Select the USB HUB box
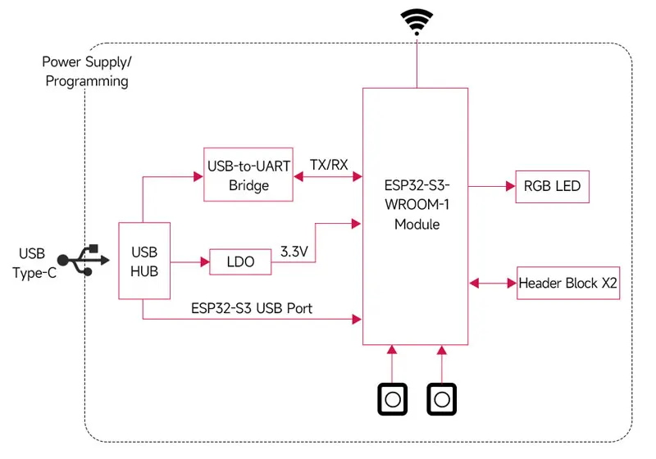[x=144, y=260]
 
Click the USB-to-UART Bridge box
[x=248, y=175]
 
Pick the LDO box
[x=239, y=262]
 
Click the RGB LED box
[x=551, y=186]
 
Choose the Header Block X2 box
[x=567, y=284]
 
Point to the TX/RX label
[x=328, y=164]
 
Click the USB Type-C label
[x=34, y=263]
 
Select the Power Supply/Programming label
[x=86, y=71]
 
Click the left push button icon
[x=392, y=399]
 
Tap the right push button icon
[x=441, y=399]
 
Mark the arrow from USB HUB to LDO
[x=189, y=262]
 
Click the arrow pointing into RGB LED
[x=491, y=186]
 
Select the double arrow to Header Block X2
[x=492, y=284]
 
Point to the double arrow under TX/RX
[x=328, y=176]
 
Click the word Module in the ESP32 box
[x=416, y=224]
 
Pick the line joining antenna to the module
[x=417, y=62]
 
